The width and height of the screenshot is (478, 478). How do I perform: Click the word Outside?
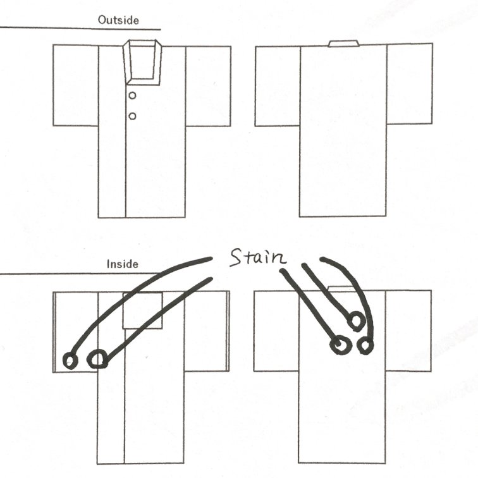coord(118,20)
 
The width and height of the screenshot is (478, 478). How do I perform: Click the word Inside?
coord(122,264)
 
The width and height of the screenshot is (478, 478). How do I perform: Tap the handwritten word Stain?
coord(258,257)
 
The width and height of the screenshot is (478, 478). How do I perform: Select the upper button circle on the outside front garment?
coord(132,95)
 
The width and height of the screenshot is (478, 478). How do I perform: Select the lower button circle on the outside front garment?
coord(132,116)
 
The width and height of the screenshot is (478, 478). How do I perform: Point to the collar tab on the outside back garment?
coord(343,43)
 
